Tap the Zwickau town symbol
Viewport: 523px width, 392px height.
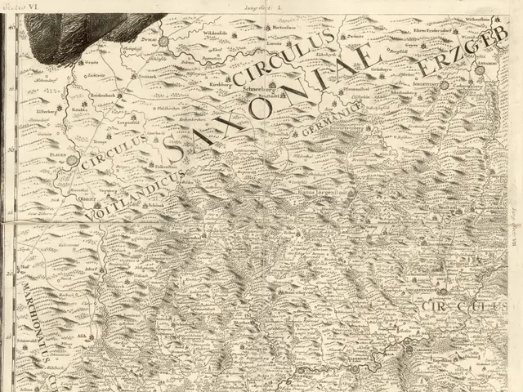point(163,40)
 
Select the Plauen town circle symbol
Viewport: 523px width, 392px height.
point(74,161)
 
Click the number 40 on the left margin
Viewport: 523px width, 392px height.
point(11,27)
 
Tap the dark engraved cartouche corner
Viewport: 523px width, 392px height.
point(90,29)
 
